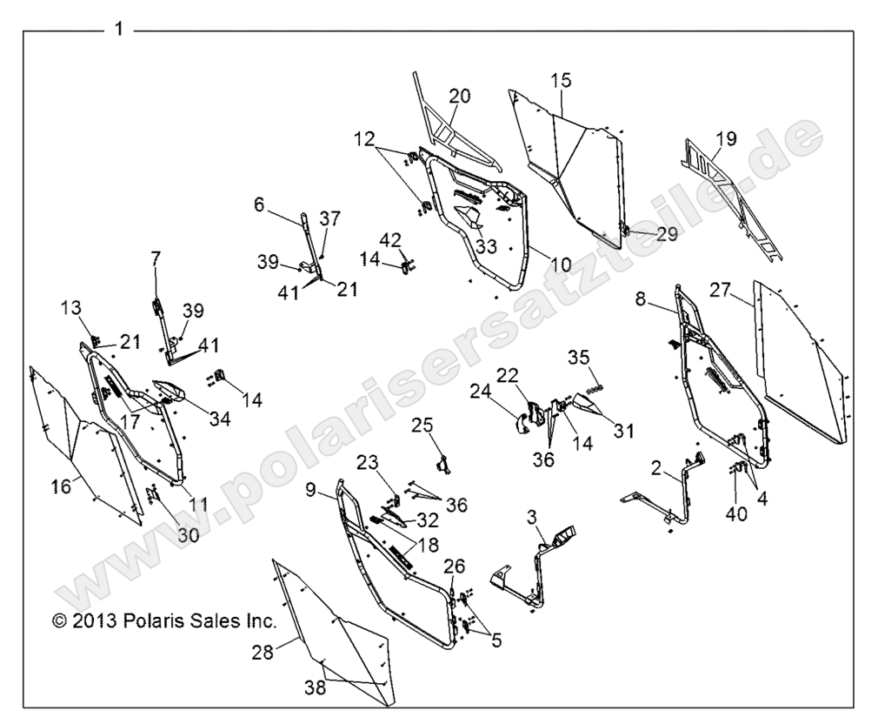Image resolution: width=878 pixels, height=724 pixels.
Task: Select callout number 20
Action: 459,97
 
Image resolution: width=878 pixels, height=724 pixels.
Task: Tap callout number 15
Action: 561,81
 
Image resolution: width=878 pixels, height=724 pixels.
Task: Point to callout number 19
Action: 726,137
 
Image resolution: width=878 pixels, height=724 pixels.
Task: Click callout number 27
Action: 721,290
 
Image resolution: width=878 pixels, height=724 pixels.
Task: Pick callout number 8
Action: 641,299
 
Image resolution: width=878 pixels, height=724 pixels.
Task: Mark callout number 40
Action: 736,514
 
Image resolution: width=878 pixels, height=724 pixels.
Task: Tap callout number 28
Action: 263,652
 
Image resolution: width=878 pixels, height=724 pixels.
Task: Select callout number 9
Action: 312,491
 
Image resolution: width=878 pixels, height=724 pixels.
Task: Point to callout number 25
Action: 422,425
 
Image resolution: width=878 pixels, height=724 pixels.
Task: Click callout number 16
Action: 61,486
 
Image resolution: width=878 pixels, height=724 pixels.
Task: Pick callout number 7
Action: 156,258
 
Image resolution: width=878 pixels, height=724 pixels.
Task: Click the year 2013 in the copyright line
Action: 87,622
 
